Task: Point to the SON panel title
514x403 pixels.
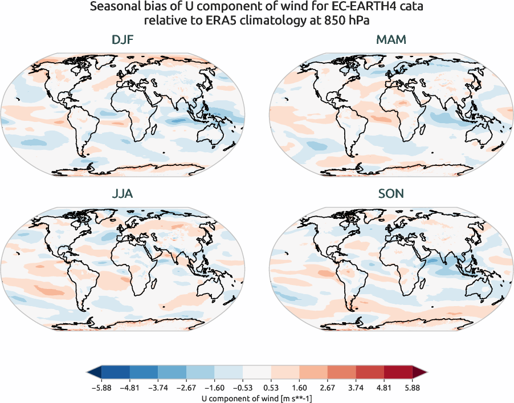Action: pos(391,194)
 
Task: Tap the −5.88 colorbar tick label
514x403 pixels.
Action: pos(101,388)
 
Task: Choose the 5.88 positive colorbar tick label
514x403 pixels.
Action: pos(412,388)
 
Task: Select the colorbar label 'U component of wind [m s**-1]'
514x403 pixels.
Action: pos(256,397)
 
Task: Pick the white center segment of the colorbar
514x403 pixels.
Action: pos(256,373)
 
